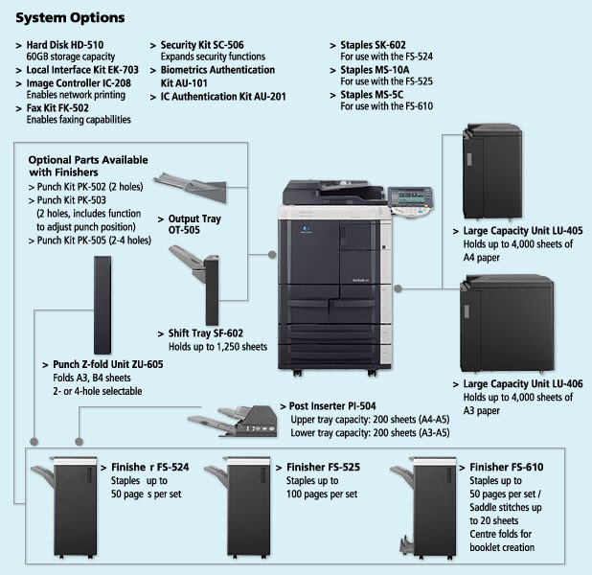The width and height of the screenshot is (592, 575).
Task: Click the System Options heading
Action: click(x=70, y=18)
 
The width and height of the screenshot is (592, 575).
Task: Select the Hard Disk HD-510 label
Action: click(x=64, y=45)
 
